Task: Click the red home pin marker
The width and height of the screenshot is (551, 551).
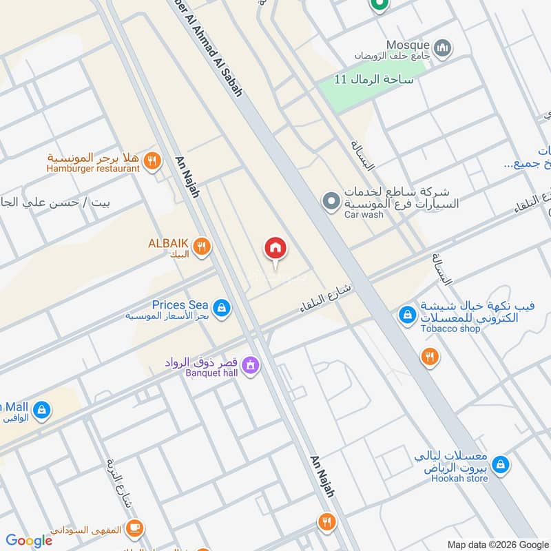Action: click(x=275, y=248)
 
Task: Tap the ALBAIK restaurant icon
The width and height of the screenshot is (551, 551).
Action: click(x=201, y=247)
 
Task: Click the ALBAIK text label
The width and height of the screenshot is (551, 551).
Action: click(x=168, y=242)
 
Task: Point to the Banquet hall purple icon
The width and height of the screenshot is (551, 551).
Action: click(x=251, y=365)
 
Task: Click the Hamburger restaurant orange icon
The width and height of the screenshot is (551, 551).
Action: click(x=152, y=162)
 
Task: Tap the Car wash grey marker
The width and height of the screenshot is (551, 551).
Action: click(x=331, y=201)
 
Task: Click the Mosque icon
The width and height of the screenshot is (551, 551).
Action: click(x=444, y=48)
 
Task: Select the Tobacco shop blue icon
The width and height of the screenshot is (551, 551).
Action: click(x=407, y=315)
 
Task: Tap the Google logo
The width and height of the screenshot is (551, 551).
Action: click(x=29, y=541)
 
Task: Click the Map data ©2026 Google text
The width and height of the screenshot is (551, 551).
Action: click(x=498, y=544)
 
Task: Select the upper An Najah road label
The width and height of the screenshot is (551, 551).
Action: click(x=187, y=176)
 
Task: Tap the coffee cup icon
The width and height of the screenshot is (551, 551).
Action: click(x=134, y=528)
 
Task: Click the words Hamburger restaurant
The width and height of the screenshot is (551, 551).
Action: click(x=93, y=168)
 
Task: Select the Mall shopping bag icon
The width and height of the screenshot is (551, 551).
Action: click(x=41, y=410)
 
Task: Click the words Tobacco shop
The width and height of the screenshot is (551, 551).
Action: click(x=450, y=329)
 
